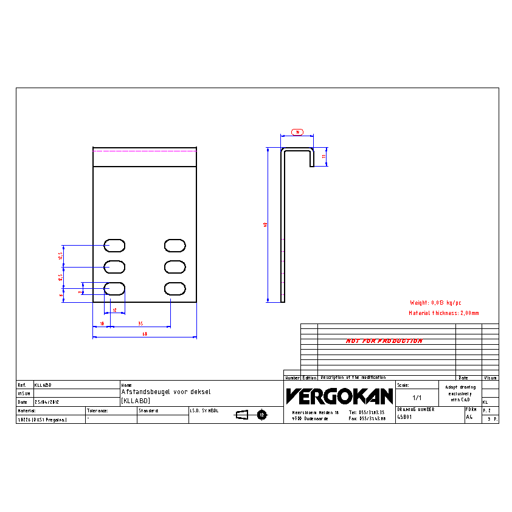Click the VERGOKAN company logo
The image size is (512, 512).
339,396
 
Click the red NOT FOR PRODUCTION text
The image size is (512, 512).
384,341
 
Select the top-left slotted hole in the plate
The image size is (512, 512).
114,245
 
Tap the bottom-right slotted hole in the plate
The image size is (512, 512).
175,288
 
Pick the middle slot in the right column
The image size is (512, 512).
175,267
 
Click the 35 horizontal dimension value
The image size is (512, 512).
140,323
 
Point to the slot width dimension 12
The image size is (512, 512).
114,310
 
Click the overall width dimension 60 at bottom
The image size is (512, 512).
145,334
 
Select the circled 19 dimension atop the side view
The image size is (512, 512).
297,132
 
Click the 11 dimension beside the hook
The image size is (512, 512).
324,156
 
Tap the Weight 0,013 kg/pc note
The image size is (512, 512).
436,302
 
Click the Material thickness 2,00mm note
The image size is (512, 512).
444,313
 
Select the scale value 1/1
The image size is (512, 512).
417,398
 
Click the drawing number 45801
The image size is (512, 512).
404,418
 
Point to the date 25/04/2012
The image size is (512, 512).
47,403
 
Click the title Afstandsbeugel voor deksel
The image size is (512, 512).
166,392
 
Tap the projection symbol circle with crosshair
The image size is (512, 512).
262,415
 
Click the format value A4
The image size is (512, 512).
469,418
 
